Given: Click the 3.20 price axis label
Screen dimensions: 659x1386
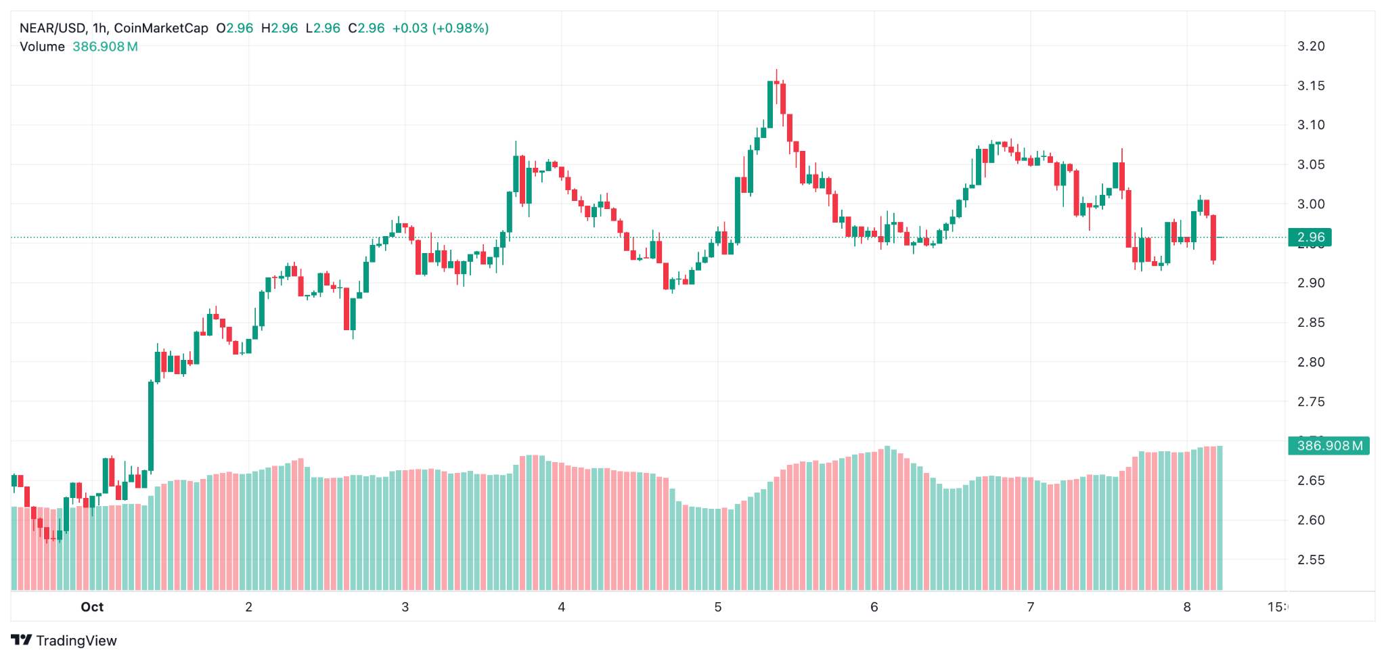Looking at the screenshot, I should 1310,46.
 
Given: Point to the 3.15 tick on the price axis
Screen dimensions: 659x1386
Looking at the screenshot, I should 1310,85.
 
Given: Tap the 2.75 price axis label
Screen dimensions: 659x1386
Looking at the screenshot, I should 1310,401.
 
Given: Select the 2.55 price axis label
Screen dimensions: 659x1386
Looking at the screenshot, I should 1310,560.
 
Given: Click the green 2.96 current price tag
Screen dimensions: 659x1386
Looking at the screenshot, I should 1310,237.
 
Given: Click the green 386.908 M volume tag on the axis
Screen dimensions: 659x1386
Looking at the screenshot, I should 1328,445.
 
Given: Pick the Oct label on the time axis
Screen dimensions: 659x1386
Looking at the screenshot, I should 92,607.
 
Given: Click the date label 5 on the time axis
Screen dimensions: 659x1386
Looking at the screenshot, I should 717,607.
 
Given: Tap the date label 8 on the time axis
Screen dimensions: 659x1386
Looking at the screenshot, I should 1186,607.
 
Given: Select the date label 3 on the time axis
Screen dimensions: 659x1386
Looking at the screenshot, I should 405,607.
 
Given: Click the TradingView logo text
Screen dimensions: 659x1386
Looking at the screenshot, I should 76,641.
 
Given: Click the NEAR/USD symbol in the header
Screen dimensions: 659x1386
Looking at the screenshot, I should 52,28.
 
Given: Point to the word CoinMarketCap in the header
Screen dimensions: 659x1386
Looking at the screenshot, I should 161,28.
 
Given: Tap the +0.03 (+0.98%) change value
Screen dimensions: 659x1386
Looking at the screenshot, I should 440,28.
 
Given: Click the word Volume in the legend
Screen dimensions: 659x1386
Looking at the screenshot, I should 42,47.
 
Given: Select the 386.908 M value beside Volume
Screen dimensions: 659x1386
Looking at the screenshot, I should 105,47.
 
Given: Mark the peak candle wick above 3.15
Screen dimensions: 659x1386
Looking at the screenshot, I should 776,74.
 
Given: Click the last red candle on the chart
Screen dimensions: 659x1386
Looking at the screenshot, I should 1213,237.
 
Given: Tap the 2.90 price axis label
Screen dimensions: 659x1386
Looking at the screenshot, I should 1310,283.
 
